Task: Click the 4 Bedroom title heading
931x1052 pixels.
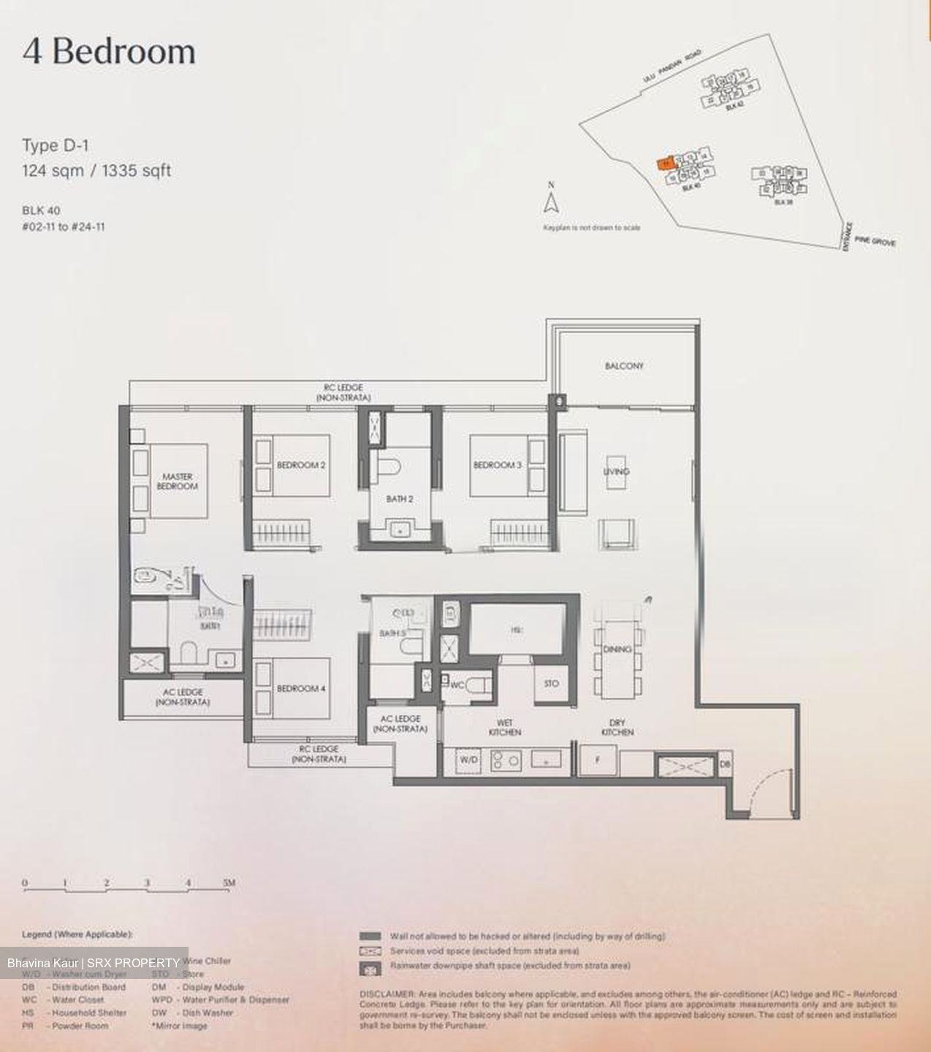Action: [109, 53]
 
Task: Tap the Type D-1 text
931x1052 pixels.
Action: [56, 146]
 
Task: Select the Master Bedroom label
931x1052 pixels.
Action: [178, 481]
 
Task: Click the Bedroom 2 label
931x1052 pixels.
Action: [300, 465]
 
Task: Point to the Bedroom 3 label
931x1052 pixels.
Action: [497, 465]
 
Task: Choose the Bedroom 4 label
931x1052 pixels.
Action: [300, 688]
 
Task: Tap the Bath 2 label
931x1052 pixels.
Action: [400, 500]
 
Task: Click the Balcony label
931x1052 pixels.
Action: [624, 365]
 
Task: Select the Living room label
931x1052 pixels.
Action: [616, 472]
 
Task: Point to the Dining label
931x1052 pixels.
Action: [617, 649]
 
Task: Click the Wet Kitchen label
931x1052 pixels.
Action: [504, 727]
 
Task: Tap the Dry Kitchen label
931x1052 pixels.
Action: [617, 727]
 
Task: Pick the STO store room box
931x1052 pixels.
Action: [552, 684]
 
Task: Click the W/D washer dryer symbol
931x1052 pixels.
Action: [468, 761]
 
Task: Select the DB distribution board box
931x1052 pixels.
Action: [725, 763]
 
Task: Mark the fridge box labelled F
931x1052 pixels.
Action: [598, 761]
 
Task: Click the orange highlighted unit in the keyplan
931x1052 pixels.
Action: [665, 164]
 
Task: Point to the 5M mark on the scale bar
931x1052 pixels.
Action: [229, 883]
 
